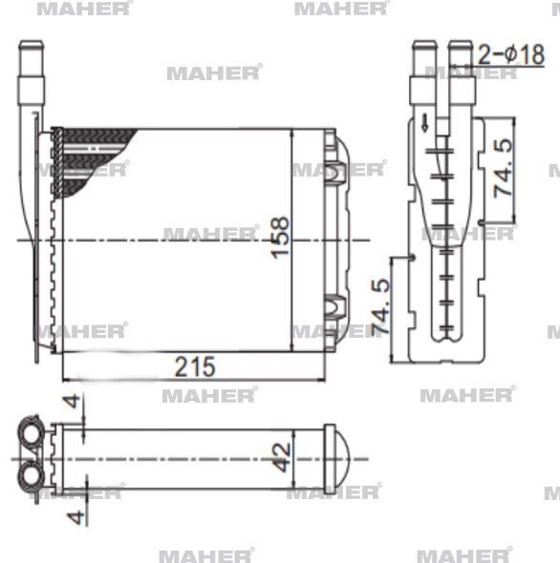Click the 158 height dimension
(280, 236)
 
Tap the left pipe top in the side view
(422, 45)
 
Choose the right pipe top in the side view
(461, 45)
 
